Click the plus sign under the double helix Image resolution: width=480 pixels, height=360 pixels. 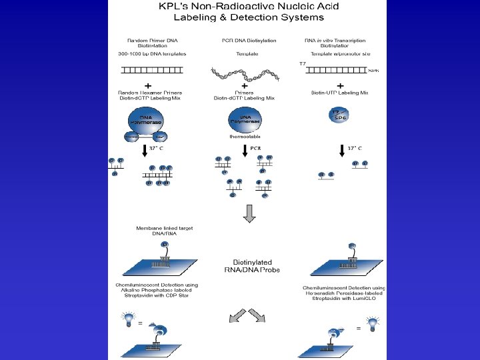click(245, 86)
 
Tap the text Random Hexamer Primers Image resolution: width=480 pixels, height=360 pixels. click(153, 93)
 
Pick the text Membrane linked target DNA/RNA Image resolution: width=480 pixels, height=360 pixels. click(164, 231)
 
